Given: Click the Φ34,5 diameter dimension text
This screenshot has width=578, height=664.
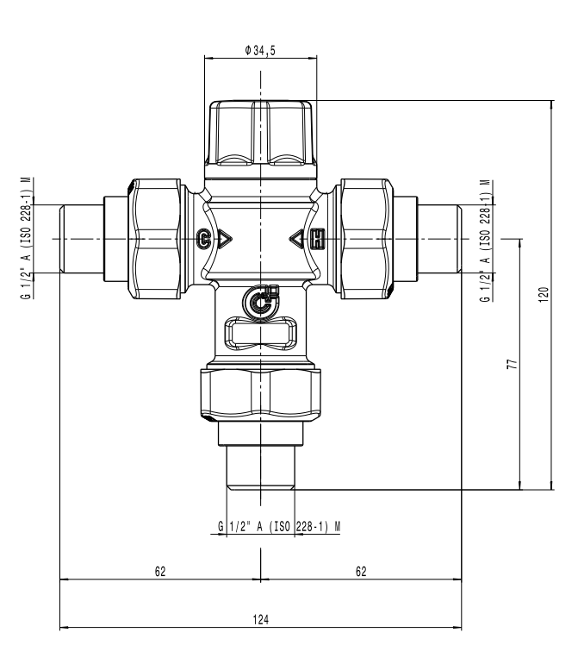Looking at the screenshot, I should click(x=260, y=51).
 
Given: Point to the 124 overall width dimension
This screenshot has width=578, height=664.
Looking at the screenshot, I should click(x=261, y=619).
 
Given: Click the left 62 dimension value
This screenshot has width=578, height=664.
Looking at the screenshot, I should click(x=160, y=571).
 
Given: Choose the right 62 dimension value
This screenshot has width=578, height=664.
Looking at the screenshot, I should click(x=361, y=571).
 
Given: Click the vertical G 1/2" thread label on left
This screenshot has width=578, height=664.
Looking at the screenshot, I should click(x=25, y=238).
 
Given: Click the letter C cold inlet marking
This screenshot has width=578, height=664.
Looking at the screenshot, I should click(x=203, y=238).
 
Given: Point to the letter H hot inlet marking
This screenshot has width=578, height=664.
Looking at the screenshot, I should click(x=317, y=238).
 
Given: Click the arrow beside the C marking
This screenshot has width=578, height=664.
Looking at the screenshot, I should click(x=223, y=238).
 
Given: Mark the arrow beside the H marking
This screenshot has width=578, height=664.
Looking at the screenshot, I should click(x=297, y=238).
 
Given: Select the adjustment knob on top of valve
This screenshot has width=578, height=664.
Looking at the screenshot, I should click(x=260, y=131).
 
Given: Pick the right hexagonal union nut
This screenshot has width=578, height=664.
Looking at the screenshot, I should click(x=365, y=238).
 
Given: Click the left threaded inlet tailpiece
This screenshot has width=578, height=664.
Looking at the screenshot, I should click(x=81, y=238).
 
